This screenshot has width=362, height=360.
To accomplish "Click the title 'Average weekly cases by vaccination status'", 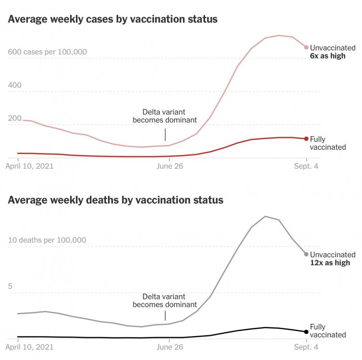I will pyautogui.click(x=113, y=20).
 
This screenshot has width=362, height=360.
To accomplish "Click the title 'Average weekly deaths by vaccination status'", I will pyautogui.click(x=116, y=200).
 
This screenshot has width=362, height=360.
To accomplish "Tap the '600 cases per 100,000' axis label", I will pyautogui.click(x=47, y=52).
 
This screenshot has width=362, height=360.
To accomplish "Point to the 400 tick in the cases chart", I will pyautogui.click(x=15, y=85).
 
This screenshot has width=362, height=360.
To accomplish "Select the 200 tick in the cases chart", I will pyautogui.click(x=15, y=119).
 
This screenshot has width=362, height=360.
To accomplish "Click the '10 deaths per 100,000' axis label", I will pyautogui.click(x=47, y=240).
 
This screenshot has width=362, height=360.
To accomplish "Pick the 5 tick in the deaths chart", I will pyautogui.click(x=11, y=286).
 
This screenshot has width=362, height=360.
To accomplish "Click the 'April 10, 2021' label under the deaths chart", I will pyautogui.click(x=29, y=346).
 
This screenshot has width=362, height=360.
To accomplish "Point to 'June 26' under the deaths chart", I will pyautogui.click(x=169, y=346).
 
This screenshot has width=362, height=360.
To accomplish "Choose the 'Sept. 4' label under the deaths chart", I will pyautogui.click(x=306, y=346).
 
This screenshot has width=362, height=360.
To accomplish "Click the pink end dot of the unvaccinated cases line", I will pyautogui.click(x=306, y=47).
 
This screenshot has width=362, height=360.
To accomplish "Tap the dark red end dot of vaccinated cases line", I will pyautogui.click(x=306, y=139).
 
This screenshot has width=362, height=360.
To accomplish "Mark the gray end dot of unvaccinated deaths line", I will pyautogui.click(x=306, y=254).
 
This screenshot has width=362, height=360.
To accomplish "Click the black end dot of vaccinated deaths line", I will pyautogui.click(x=306, y=332).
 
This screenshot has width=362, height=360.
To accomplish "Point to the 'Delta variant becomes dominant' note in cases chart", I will pyautogui.click(x=165, y=116).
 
